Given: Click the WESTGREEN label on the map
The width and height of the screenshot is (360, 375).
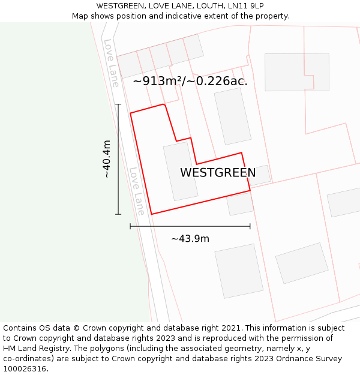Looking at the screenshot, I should tap(218, 173).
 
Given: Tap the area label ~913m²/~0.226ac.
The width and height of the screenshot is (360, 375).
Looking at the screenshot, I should tap(190, 80).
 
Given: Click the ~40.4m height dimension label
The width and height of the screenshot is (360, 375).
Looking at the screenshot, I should tap(107, 159).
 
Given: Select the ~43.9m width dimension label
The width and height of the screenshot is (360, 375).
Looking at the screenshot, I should tap(190, 239).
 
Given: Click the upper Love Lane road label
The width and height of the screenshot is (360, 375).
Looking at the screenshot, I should tap(111, 63).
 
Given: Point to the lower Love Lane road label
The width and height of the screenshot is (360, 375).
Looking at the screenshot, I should tap(137, 191).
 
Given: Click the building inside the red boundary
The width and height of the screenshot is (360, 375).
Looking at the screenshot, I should tap(181, 171).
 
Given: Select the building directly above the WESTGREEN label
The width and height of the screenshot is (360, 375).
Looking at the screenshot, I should tap(232, 116).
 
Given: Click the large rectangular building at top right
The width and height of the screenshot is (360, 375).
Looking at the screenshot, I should tap(297, 72).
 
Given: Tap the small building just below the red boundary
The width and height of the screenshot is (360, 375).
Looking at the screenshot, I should tap(240, 204).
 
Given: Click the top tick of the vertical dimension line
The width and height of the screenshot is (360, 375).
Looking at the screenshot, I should tap(118, 104).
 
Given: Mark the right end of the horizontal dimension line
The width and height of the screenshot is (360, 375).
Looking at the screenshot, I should tap(250, 226).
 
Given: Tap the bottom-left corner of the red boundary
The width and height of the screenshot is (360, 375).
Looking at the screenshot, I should tap(152, 214).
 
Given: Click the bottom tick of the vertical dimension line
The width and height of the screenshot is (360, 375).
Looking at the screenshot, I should tap(118, 214).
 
